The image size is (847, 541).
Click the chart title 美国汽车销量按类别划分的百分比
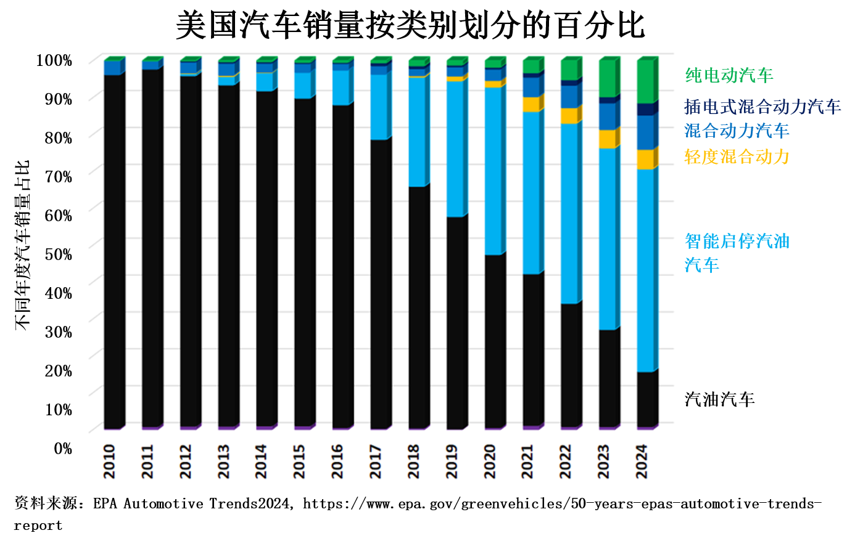click(x=410, y=26)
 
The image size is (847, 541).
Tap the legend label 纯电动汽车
click(x=729, y=76)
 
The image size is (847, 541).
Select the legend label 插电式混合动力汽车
click(x=762, y=107)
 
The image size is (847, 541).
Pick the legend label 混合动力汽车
click(x=737, y=131)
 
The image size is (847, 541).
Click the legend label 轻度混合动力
click(x=737, y=157)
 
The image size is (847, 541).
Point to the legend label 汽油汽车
click(x=719, y=399)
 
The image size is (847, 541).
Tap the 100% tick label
click(x=54, y=60)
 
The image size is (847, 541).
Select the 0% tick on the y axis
click(x=63, y=449)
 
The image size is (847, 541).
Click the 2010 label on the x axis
click(x=110, y=462)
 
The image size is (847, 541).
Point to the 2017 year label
click(x=376, y=462)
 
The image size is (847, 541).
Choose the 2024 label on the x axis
click(x=642, y=462)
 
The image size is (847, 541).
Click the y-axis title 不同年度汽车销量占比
click(x=23, y=245)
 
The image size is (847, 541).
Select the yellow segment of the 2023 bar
click(x=607, y=139)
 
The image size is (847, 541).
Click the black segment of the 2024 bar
click(x=645, y=399)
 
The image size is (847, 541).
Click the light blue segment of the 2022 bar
click(x=569, y=213)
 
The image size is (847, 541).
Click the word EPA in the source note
click(x=105, y=504)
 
